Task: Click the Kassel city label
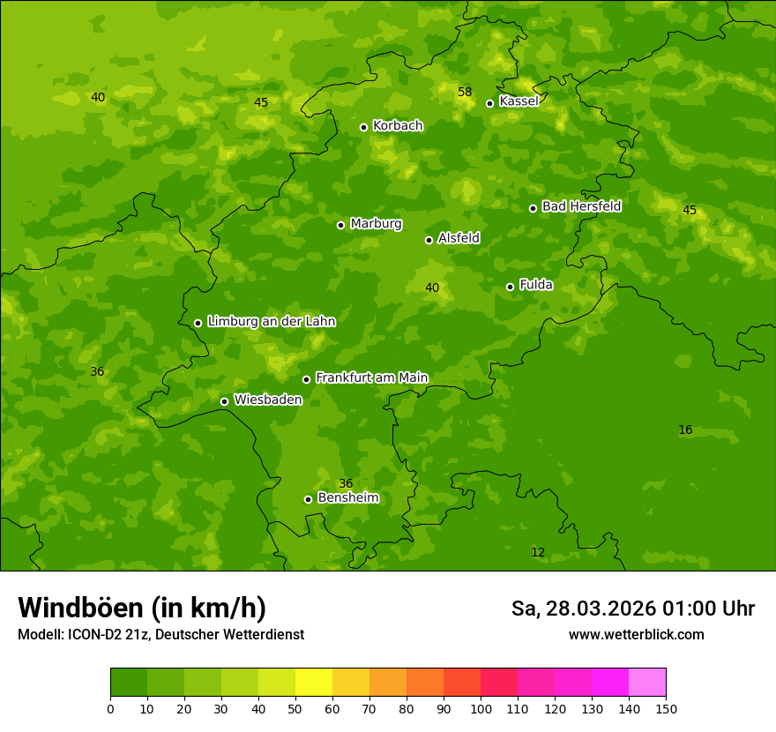(x=519, y=101)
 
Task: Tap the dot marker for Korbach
(x=363, y=127)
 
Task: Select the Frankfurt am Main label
(x=371, y=377)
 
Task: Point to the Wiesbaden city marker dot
(x=224, y=401)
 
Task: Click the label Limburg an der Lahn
(x=271, y=322)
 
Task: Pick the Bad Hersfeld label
(x=581, y=206)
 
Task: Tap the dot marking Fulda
(x=510, y=287)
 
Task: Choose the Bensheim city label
(x=347, y=498)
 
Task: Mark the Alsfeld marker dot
(x=429, y=240)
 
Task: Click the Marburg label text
(x=376, y=224)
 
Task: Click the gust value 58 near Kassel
(x=465, y=93)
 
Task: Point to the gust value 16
(x=685, y=430)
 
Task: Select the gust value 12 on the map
(x=538, y=553)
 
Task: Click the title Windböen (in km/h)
(x=142, y=608)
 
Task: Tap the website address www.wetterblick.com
(x=636, y=635)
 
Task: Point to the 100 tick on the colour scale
(x=481, y=708)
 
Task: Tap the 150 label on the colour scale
(x=666, y=708)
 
